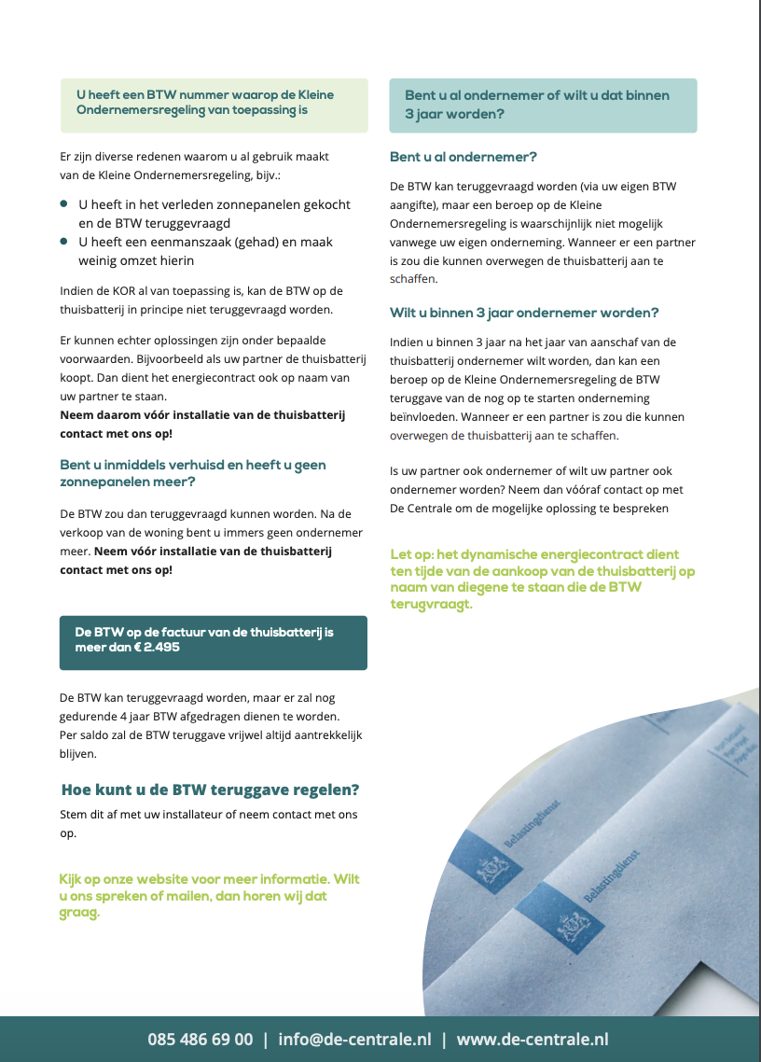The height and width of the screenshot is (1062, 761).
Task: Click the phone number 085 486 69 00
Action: [200, 1040]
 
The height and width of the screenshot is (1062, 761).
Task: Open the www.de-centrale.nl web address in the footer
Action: [533, 1040]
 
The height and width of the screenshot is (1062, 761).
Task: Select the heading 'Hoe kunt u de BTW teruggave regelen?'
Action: [210, 790]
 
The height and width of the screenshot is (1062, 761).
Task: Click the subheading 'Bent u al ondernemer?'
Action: [463, 157]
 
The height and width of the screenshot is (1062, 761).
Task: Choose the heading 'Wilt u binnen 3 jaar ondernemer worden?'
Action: [524, 313]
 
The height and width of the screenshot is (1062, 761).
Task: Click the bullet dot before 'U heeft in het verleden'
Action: [63, 203]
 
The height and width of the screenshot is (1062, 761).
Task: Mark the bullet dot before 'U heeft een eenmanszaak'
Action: [63, 242]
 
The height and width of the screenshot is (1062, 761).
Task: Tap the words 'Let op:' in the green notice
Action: [412, 554]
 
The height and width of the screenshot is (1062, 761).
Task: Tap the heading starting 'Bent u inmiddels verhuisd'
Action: [192, 465]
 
